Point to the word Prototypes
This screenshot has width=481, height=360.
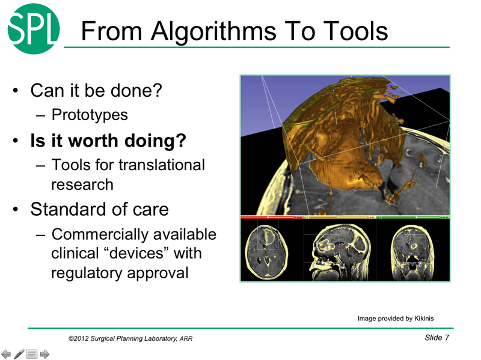(x=90, y=114)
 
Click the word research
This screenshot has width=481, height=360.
(x=82, y=184)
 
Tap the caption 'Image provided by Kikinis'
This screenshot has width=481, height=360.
(x=395, y=319)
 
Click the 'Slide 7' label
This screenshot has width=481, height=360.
(x=437, y=338)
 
